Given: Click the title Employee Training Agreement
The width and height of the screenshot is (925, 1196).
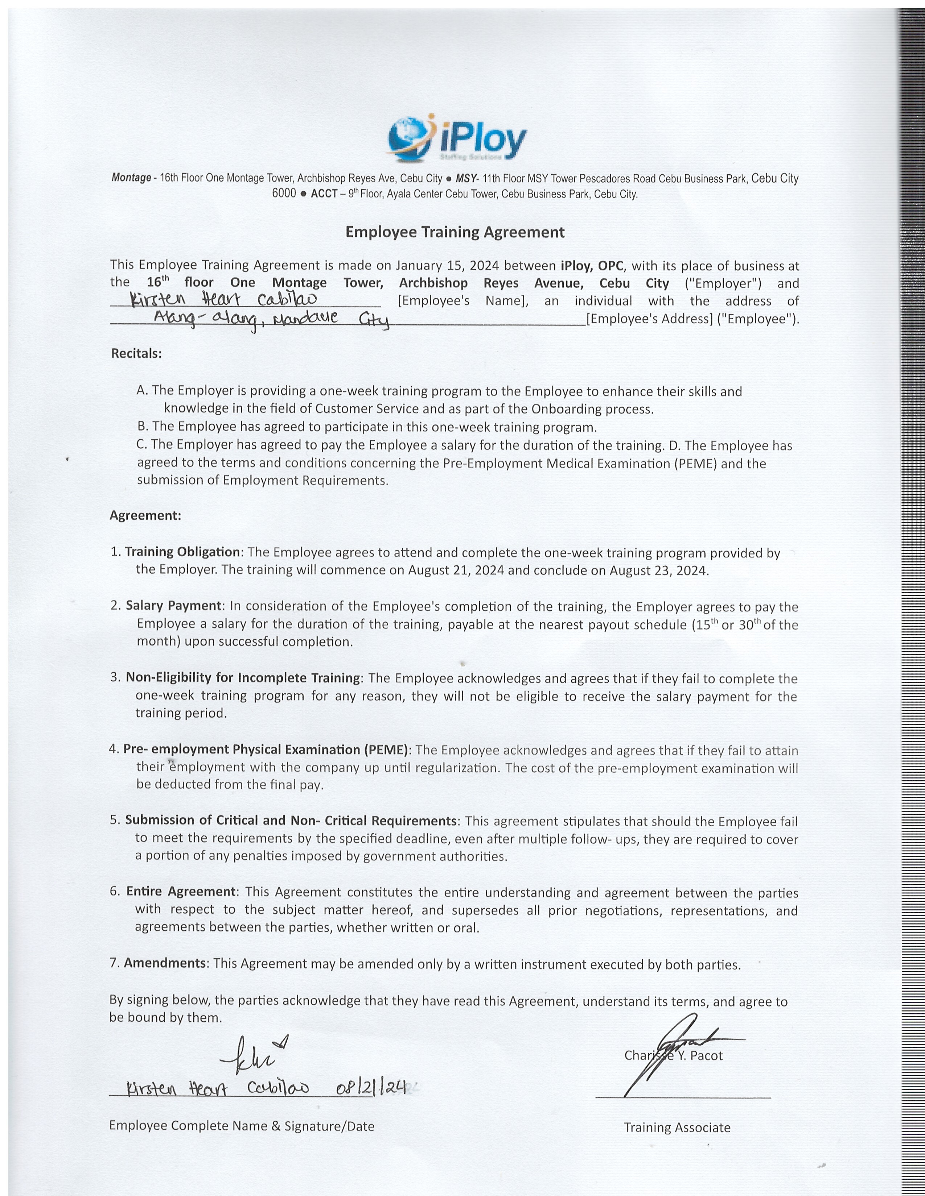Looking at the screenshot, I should pos(455,232).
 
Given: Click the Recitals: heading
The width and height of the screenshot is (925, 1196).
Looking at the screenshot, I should pos(136,353).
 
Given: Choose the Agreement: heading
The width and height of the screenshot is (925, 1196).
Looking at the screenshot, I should pos(145,515).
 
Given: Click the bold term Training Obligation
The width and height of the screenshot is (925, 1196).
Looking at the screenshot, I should pos(182,552).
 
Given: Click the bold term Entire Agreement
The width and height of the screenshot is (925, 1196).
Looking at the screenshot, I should pos(181,892).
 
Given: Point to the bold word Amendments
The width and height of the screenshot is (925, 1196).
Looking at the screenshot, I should pos(165,963).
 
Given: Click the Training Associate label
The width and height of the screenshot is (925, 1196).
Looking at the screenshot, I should pos(677,1127).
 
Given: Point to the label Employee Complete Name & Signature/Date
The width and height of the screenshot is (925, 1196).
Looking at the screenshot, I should pos(242,1126).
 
